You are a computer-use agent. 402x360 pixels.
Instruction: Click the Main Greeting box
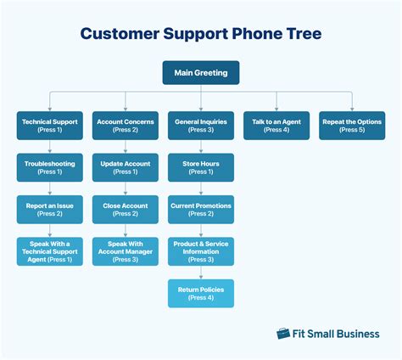coord(201,73)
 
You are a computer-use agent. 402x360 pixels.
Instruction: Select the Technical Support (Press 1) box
coord(50,126)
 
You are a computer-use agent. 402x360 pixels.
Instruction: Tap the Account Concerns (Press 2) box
coord(126,126)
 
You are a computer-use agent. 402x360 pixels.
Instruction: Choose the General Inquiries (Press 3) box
coord(201,126)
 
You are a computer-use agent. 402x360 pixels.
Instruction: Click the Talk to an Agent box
coord(276,126)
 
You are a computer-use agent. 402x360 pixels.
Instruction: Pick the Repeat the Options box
coord(352,126)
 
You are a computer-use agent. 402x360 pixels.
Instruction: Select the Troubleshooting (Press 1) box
coord(50,167)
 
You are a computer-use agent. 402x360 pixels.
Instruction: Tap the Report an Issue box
coord(50,210)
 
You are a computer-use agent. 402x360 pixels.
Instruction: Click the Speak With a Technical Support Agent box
coord(50,251)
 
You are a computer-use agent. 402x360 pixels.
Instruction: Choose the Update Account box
coord(126,167)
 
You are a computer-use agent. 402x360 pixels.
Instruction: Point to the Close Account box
coord(126,210)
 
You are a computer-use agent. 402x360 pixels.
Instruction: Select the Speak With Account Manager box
coord(126,251)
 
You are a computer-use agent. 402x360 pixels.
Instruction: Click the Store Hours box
coord(201,167)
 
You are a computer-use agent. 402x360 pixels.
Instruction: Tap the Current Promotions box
coord(201,210)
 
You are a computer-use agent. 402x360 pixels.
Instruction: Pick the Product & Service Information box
coord(201,251)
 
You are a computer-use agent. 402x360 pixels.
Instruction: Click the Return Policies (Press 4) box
coord(201,293)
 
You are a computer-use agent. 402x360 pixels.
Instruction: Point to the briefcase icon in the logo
coord(283,334)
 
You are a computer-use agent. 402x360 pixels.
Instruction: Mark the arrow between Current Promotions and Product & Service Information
coord(201,230)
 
